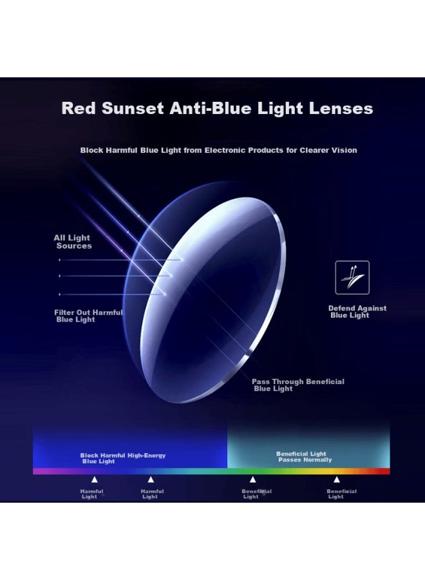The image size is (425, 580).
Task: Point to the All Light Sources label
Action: (x=73, y=242)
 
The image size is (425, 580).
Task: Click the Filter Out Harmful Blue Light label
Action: (x=88, y=316)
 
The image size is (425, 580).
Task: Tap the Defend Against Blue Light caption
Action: (x=357, y=312)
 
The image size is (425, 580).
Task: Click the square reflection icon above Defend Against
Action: (x=352, y=277)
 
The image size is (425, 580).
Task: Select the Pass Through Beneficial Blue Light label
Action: (x=297, y=385)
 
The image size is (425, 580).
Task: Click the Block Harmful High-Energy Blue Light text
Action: (x=122, y=458)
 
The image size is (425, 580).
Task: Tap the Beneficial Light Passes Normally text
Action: (x=305, y=457)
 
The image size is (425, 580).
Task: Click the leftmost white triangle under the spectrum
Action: (x=95, y=479)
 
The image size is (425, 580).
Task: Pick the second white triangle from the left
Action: (x=151, y=479)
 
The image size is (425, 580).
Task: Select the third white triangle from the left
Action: (x=252, y=479)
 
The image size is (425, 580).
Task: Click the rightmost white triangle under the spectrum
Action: (x=336, y=479)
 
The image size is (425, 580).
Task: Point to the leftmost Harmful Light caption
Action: (x=91, y=494)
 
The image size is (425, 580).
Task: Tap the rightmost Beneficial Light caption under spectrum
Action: (x=341, y=494)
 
